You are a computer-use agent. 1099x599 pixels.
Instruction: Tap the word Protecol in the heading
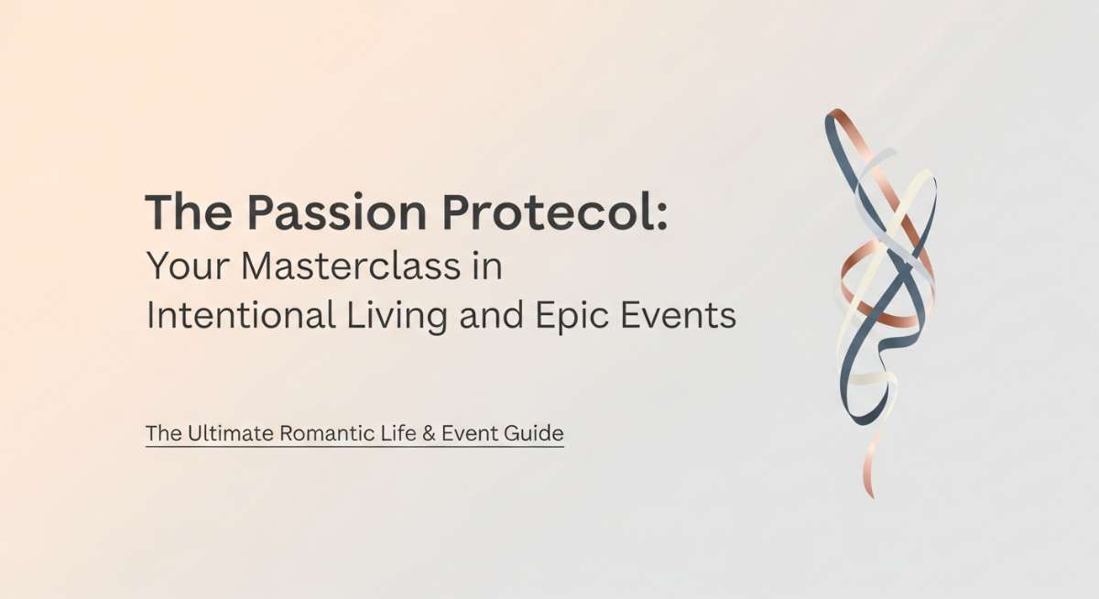(x=549, y=212)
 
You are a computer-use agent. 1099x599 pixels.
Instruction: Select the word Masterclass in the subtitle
(x=351, y=267)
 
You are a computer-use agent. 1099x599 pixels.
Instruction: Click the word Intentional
(x=241, y=314)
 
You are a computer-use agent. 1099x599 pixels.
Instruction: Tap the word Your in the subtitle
(x=188, y=267)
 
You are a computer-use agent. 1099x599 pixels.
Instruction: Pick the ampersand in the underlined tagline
(x=429, y=433)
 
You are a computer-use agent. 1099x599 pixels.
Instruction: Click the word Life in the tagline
(x=399, y=433)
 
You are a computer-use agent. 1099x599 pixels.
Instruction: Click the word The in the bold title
(x=189, y=212)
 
